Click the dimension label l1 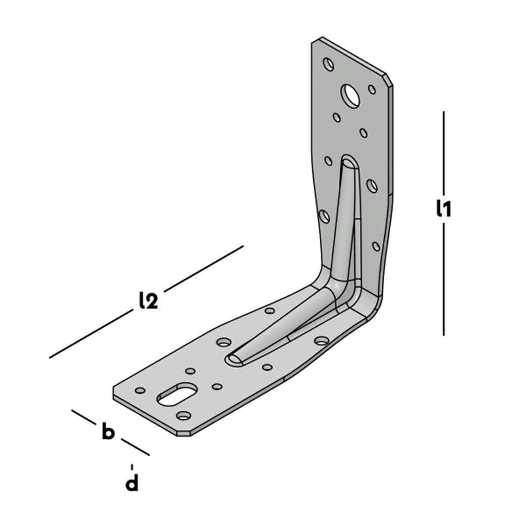point(443,209)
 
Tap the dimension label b point(108,432)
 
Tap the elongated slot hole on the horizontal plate point(176,394)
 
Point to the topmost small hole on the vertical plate point(329,64)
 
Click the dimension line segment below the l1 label point(444,280)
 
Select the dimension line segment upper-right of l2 point(204,269)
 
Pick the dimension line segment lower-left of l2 point(91,334)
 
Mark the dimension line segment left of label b point(84,418)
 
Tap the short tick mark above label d point(132,467)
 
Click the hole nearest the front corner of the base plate point(184,416)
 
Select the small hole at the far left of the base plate point(140,390)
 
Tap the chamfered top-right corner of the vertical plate point(389,80)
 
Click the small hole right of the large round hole point(372,89)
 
